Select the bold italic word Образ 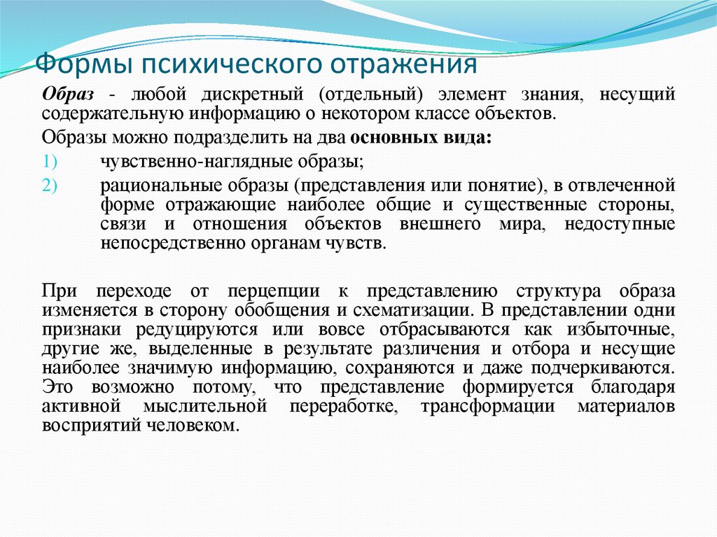coord(69,93)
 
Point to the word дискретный coord(249,93)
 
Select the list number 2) coord(53,186)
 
